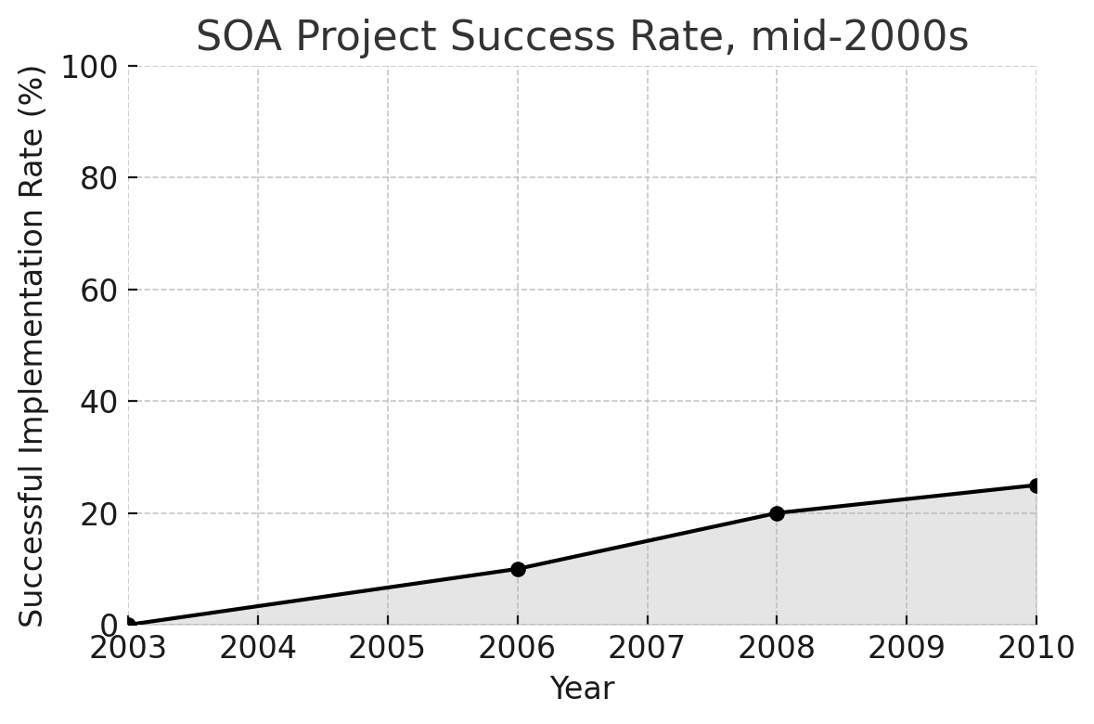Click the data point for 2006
click(518, 569)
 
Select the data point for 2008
click(777, 513)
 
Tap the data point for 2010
click(1036, 485)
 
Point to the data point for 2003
click(129, 625)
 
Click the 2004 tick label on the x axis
click(258, 648)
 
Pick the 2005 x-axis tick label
click(387, 648)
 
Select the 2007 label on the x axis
click(647, 648)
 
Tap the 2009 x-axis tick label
click(906, 648)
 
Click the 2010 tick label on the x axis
click(1036, 648)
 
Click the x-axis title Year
click(582, 689)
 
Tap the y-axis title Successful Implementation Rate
click(32, 345)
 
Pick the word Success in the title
click(506, 37)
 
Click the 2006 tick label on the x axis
click(518, 648)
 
